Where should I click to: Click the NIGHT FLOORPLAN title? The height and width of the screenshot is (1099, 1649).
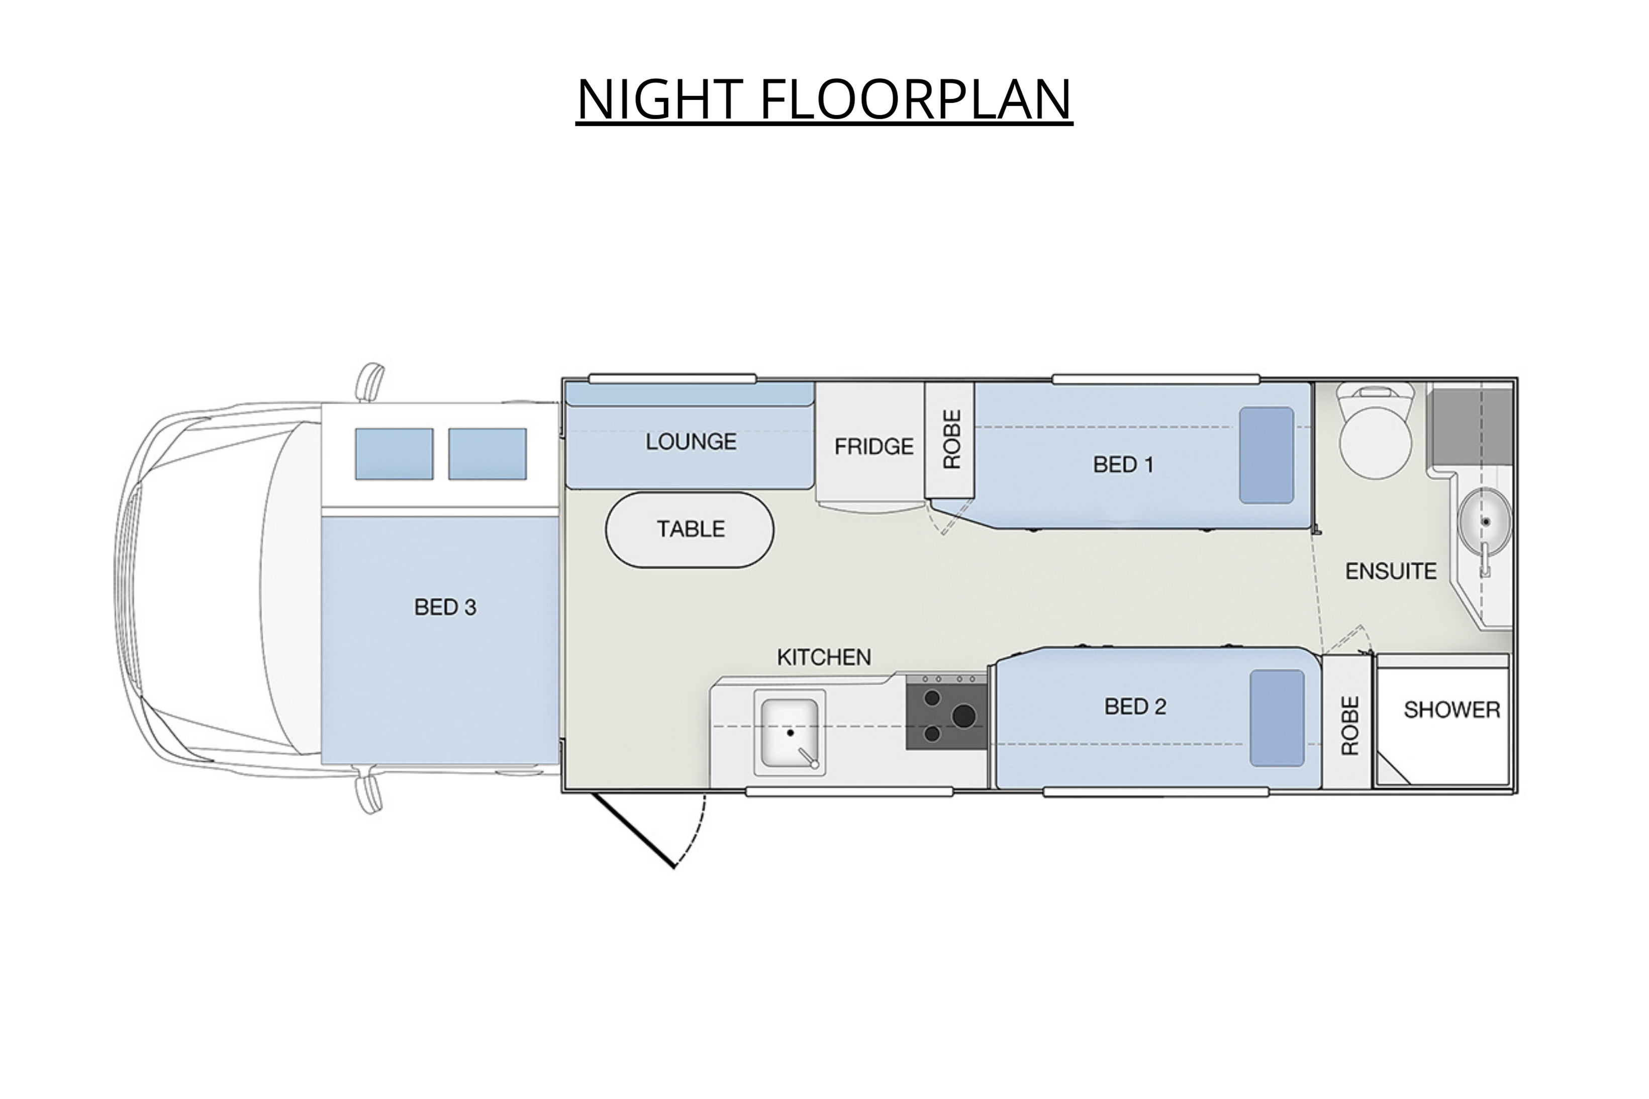tap(824, 99)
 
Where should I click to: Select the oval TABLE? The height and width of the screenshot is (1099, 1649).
tap(690, 529)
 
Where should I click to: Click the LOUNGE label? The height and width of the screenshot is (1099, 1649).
tap(691, 442)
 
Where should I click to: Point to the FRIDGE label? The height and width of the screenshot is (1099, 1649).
tap(874, 446)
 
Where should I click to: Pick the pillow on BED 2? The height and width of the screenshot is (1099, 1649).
tap(1278, 718)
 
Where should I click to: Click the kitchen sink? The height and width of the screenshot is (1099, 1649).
tap(790, 733)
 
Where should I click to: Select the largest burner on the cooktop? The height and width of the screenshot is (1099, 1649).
tap(964, 716)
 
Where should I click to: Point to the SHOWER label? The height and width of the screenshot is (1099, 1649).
tap(1452, 710)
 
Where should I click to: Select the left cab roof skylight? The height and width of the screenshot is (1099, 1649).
tap(394, 454)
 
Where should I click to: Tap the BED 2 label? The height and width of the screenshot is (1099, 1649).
tap(1135, 707)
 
